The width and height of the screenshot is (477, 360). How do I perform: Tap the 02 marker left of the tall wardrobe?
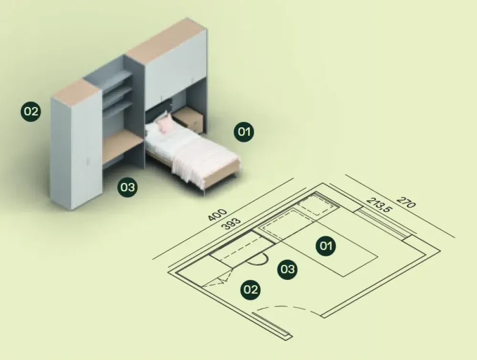pos(31,112)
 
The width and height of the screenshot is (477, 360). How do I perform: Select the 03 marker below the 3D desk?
pos(127,187)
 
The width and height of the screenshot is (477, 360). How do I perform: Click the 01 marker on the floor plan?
pos(325,246)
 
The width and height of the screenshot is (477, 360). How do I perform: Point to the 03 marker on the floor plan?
pos(288,269)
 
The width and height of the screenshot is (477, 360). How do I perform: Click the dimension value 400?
pos(218,215)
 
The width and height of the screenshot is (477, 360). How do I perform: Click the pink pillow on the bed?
pos(165,124)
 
